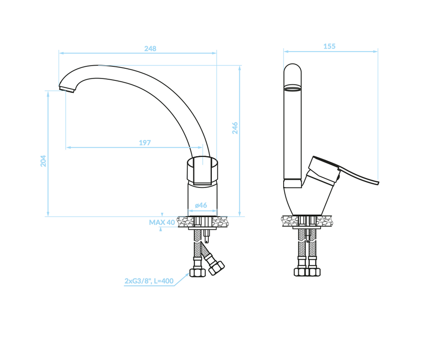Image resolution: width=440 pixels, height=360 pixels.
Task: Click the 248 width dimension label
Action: point(150,49)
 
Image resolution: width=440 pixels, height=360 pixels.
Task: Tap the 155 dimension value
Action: point(329,46)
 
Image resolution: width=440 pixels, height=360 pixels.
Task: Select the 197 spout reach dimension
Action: point(145,143)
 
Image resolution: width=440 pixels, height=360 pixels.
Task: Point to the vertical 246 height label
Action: point(235,128)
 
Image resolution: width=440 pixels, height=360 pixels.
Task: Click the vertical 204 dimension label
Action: point(43,161)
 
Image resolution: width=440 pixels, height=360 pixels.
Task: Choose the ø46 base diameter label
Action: point(201,205)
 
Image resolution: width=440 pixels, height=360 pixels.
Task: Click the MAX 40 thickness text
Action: point(162,222)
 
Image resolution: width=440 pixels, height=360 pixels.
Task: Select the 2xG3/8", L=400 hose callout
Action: point(149,281)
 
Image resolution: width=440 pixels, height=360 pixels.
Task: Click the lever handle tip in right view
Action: point(378,183)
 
